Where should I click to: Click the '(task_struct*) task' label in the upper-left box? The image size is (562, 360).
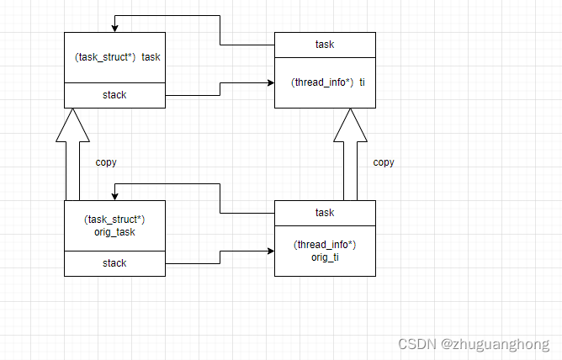click(x=115, y=57)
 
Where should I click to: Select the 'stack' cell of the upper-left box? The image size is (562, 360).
click(x=115, y=95)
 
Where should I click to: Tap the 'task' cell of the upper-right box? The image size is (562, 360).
click(x=325, y=45)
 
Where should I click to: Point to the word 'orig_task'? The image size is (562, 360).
click(x=115, y=232)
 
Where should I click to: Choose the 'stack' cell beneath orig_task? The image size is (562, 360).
click(x=115, y=263)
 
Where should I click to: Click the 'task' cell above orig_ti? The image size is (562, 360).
click(x=325, y=213)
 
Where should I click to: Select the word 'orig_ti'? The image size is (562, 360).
click(x=326, y=256)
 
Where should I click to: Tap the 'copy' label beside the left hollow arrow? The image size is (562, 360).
click(x=106, y=162)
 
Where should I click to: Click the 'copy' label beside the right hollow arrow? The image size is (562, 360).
click(x=384, y=162)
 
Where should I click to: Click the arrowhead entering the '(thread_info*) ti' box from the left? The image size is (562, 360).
click(x=270, y=83)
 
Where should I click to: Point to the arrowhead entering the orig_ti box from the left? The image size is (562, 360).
click(x=270, y=251)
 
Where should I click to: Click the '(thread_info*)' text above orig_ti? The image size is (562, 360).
click(x=325, y=244)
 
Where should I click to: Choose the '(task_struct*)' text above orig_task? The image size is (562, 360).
click(x=115, y=220)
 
